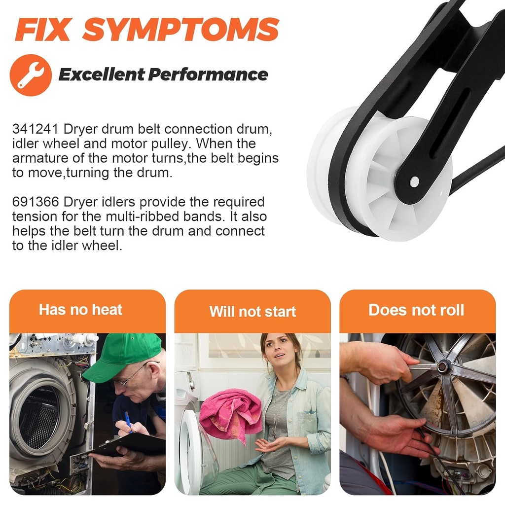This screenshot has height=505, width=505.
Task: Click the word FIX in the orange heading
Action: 43,29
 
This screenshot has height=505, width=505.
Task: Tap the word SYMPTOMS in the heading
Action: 180,29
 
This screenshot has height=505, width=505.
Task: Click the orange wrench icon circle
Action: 31,75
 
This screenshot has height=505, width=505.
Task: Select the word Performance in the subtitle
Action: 208,75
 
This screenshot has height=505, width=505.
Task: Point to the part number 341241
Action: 36,129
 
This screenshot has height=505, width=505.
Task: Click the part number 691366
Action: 36,202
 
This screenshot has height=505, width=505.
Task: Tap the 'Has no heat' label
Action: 80,310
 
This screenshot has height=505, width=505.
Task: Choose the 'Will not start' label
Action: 252,312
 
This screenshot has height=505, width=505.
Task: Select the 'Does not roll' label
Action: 416,310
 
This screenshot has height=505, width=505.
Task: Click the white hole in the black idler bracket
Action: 414,182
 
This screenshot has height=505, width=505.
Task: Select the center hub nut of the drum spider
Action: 442,366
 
